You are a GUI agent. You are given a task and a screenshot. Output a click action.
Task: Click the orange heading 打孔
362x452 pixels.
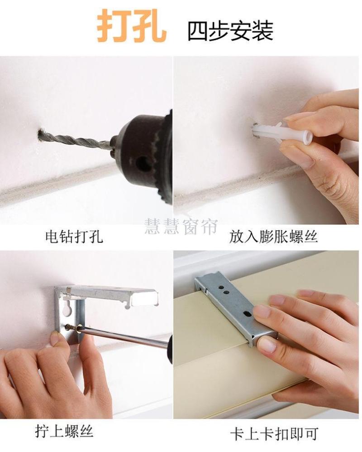132,26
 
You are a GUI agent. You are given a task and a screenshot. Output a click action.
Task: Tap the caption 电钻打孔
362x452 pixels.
74,237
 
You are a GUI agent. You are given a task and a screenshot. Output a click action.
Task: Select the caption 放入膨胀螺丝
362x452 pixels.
274,237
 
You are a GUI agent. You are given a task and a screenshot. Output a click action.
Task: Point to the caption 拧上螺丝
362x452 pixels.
64,432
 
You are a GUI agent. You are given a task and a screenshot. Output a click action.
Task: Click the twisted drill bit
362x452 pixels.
76,139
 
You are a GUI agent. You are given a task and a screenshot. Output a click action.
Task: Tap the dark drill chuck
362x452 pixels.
144,156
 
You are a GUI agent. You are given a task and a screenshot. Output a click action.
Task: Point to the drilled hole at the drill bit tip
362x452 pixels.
41,136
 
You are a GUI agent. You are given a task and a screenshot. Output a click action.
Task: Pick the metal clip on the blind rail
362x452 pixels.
236,307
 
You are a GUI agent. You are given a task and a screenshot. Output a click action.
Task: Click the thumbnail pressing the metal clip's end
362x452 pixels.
266,345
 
